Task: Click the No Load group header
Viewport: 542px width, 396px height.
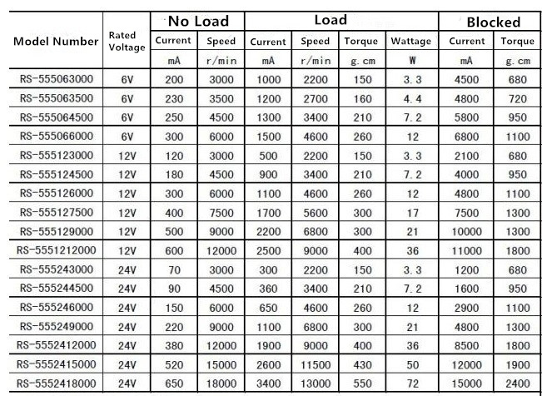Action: pos(196,19)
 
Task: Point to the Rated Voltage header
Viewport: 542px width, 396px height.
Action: pos(127,41)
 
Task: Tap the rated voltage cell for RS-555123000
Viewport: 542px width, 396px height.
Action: pos(127,156)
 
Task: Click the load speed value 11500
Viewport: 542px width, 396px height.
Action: pos(316,364)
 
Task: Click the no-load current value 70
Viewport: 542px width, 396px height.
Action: pos(173,269)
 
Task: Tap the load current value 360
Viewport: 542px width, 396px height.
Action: pos(268,288)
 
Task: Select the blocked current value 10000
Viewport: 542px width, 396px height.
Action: pos(467,232)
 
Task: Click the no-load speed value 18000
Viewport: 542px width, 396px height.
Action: pos(221,383)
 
